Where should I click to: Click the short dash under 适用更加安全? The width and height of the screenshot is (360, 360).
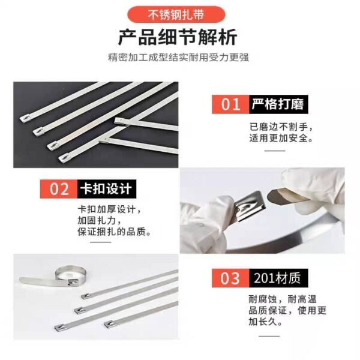click(x=275, y=151)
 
